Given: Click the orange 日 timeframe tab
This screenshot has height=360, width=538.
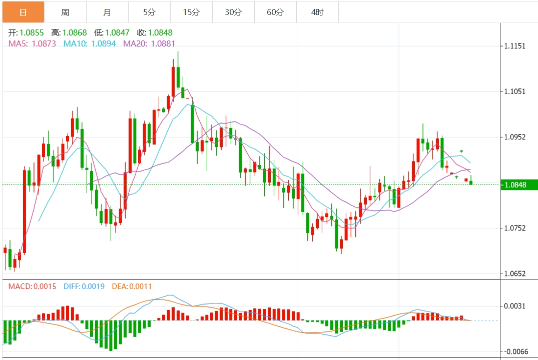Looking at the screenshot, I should coord(23,12).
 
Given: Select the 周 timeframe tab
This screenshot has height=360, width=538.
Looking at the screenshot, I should coord(65,12).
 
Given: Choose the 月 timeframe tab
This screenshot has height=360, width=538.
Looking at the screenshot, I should coord(107,12).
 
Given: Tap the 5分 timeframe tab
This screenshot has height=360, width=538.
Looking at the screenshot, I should coord(149,12).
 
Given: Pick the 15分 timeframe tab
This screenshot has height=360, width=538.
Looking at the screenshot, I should coord(191,12).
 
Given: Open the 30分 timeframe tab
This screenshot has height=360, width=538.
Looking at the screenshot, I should coord(233,12).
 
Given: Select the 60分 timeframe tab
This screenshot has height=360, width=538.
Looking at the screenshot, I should coord(275,12).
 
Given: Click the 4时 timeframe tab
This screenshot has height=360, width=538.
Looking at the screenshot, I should coord(317,12).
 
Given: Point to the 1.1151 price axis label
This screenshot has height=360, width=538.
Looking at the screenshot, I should coord(515,46).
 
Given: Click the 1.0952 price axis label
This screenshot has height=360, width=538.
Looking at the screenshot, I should coord(515,137).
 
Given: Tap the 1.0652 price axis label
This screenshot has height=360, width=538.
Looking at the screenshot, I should coord(515,273).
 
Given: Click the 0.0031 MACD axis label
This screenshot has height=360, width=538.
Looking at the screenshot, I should coord(515,306).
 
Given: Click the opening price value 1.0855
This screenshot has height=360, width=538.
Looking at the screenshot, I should coord(32,32).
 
